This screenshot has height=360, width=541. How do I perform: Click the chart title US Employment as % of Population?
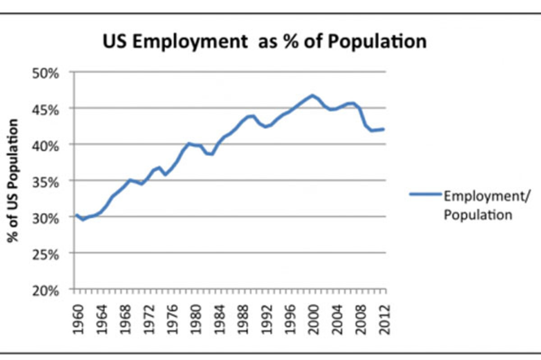click(x=264, y=42)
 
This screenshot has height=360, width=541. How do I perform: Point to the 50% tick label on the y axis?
click(x=45, y=73)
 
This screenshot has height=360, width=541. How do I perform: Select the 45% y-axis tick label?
click(x=45, y=109)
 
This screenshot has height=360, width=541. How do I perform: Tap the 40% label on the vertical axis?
click(x=45, y=145)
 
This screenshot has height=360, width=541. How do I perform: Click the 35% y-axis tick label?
click(x=45, y=182)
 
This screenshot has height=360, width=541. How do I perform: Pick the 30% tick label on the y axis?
click(x=45, y=218)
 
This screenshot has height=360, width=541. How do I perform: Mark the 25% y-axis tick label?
click(x=45, y=254)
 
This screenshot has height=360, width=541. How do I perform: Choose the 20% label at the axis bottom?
click(x=45, y=291)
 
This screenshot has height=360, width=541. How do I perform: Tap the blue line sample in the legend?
click(x=425, y=194)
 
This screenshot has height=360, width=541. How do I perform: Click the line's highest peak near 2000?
click(x=312, y=95)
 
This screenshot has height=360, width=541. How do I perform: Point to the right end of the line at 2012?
click(x=384, y=129)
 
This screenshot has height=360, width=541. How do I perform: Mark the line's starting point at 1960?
click(x=76, y=215)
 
